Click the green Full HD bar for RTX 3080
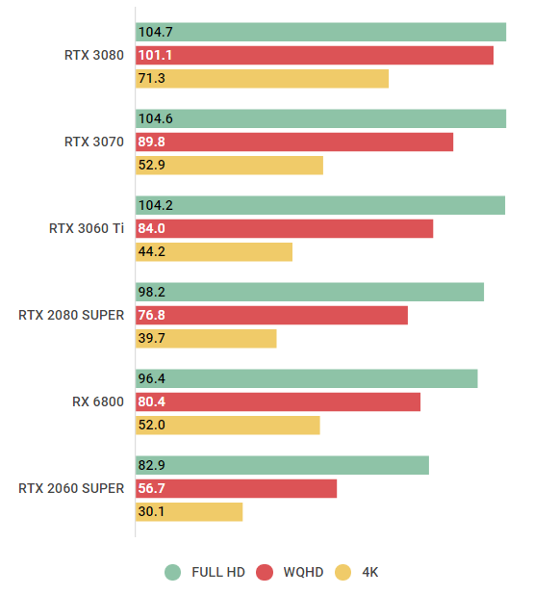click(x=320, y=33)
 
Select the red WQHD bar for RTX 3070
click(x=294, y=142)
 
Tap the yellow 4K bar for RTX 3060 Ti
click(x=214, y=252)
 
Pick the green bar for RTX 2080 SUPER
click(x=310, y=293)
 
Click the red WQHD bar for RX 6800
click(x=278, y=402)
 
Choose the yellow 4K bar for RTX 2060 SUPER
click(x=189, y=512)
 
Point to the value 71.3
click(x=152, y=79)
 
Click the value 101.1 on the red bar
click(x=155, y=56)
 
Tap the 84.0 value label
click(x=152, y=229)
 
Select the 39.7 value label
click(x=152, y=339)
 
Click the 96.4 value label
click(x=152, y=379)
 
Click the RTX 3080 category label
click(x=94, y=55)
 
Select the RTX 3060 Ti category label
click(x=87, y=229)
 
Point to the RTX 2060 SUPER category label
click(x=71, y=488)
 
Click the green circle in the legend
click(x=173, y=572)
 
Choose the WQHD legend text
click(x=304, y=572)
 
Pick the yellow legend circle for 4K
click(x=342, y=572)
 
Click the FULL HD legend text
click(x=218, y=572)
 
